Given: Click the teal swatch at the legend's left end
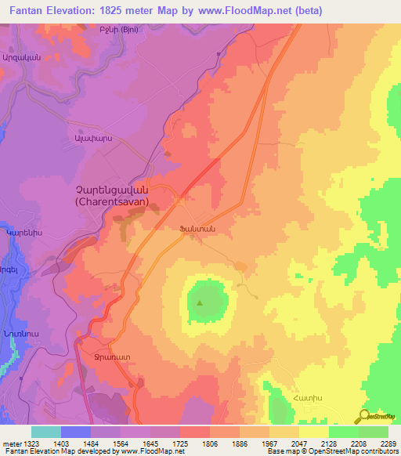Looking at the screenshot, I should pyautogui.click(x=46, y=432).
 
